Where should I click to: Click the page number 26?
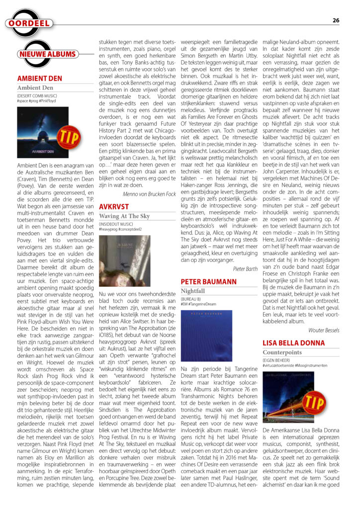click(x=336, y=20)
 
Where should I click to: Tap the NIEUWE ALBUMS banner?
click(x=48, y=54)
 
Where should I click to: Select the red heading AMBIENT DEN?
click(x=40, y=79)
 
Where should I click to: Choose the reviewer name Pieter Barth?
click(x=245, y=268)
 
